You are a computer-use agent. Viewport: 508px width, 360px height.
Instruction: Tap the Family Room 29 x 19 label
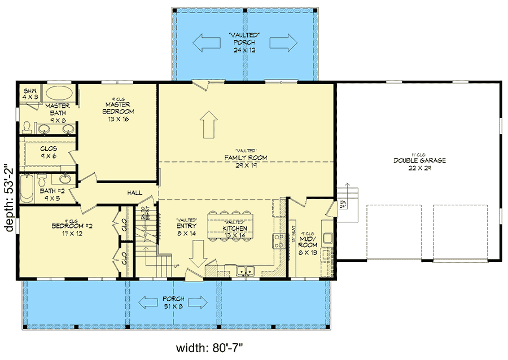pos(246,161)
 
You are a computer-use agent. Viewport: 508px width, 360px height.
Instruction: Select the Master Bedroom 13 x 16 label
pos(118,111)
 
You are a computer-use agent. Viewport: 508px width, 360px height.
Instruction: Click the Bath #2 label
pos(51,194)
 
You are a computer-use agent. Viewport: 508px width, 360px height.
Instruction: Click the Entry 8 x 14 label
pos(186,227)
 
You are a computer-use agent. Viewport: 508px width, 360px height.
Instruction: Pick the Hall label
pos(134,193)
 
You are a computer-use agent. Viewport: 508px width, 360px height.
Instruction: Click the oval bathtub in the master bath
pos(58,94)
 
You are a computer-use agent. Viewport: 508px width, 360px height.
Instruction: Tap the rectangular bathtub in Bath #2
pos(26,189)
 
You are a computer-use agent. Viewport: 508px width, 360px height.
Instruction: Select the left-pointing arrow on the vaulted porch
pos(207,42)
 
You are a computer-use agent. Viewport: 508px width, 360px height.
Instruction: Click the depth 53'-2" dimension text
pos(8,197)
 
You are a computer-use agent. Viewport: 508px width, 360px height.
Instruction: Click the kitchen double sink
pos(246,271)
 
